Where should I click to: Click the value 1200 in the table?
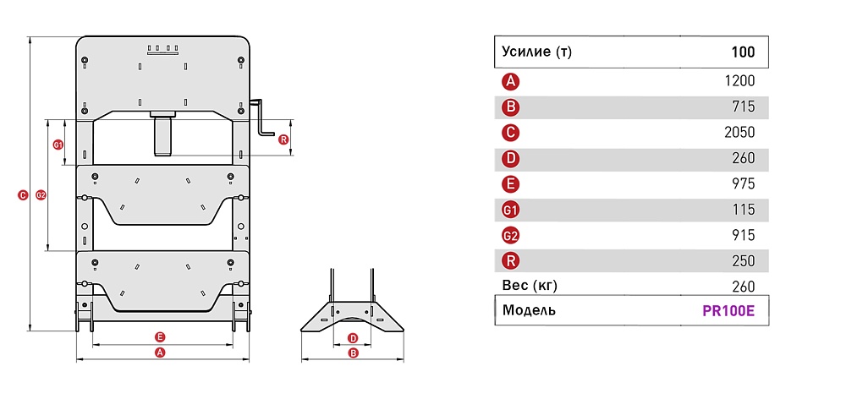(740, 81)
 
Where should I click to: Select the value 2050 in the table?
(739, 133)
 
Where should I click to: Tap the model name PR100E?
(728, 312)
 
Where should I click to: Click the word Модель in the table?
(529, 310)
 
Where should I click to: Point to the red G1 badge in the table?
(510, 210)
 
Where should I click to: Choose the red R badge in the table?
(510, 261)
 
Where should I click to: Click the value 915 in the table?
(744, 236)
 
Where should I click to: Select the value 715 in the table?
(744, 107)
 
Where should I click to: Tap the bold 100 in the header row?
(743, 52)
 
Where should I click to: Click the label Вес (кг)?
(530, 286)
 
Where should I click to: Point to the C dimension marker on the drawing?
(22, 195)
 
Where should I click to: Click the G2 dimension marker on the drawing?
(41, 195)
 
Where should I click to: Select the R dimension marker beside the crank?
(283, 139)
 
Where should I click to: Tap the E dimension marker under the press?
(160, 337)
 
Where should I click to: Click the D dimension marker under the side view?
(353, 338)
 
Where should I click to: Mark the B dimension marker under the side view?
(353, 353)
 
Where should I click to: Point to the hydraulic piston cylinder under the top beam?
(163, 134)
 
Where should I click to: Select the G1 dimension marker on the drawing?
(58, 145)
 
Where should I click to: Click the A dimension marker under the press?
(160, 353)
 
